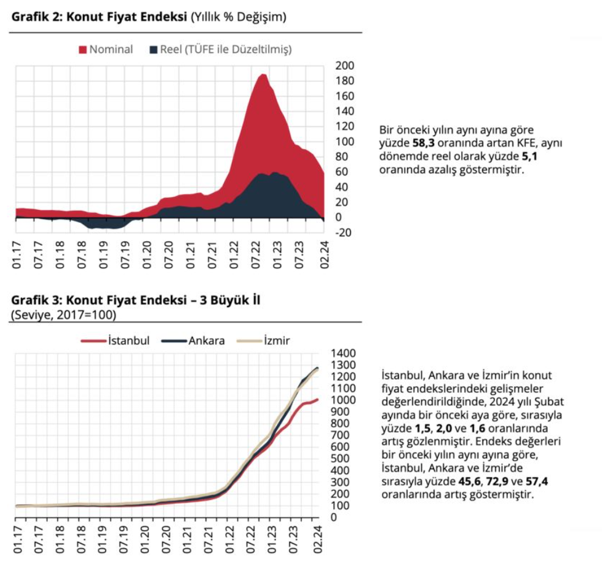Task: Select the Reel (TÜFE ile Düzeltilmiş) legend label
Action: pos(226,49)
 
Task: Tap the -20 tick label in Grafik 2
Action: pos(343,232)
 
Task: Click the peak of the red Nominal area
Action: pos(263,75)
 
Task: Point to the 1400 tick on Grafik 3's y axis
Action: pos(343,353)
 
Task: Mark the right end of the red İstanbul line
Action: pos(317,400)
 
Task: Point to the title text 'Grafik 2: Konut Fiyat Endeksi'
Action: pos(98,17)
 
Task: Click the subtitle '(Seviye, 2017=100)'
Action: pos(63,315)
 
